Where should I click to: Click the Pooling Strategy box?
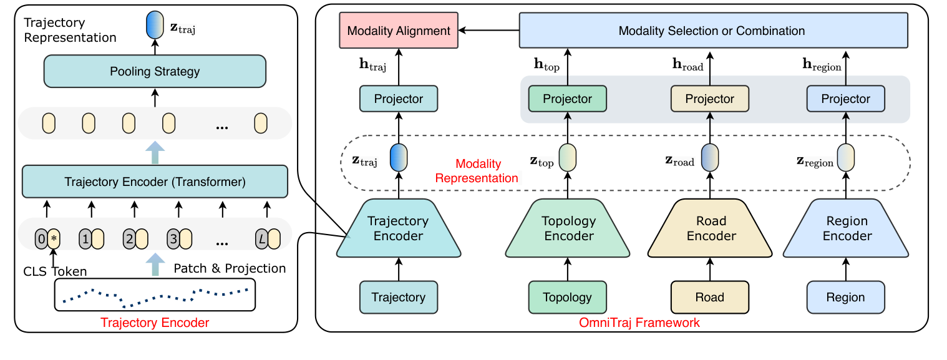tap(155, 71)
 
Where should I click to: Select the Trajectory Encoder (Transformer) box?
tap(155, 182)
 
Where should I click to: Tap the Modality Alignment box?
tap(399, 31)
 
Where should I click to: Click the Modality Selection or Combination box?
tap(712, 31)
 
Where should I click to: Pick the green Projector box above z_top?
tap(567, 99)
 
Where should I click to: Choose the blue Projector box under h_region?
tap(845, 99)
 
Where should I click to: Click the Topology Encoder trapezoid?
tap(568, 228)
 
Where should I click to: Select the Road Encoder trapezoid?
tap(711, 228)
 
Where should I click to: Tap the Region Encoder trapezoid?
tap(846, 228)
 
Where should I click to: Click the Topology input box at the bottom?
tap(568, 297)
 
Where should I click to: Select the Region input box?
tap(845, 297)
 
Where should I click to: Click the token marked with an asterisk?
tap(54, 238)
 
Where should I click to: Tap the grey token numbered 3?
tap(173, 238)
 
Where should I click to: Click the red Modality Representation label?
tap(477, 171)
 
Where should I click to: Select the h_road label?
tap(687, 64)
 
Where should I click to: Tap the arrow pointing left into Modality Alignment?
tap(489, 31)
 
